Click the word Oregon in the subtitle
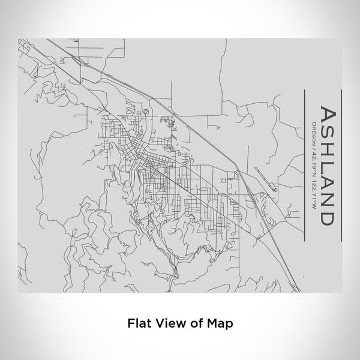click(x=313, y=133)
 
